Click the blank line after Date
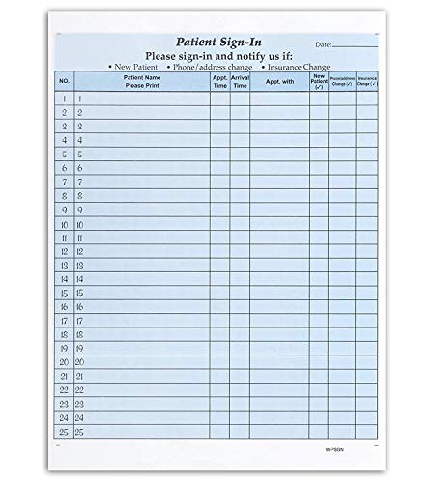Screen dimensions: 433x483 click(x=358, y=46)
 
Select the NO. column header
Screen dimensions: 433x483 click(x=64, y=82)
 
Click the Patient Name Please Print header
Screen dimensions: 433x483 click(x=142, y=81)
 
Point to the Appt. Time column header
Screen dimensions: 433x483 click(x=219, y=81)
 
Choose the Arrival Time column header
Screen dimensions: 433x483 click(x=240, y=81)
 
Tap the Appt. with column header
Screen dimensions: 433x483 click(x=279, y=82)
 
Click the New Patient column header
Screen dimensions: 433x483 click(x=318, y=81)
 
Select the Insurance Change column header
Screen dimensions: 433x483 click(x=366, y=81)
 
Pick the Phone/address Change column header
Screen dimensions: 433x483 click(x=341, y=81)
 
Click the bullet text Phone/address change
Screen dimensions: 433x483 click(x=209, y=67)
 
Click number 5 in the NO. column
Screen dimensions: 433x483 click(x=64, y=154)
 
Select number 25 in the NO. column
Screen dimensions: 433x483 click(x=64, y=432)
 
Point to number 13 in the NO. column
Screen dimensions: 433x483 click(x=64, y=265)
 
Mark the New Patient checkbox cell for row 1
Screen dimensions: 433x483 click(x=318, y=99)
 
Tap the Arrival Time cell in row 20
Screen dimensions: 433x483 click(x=240, y=362)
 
